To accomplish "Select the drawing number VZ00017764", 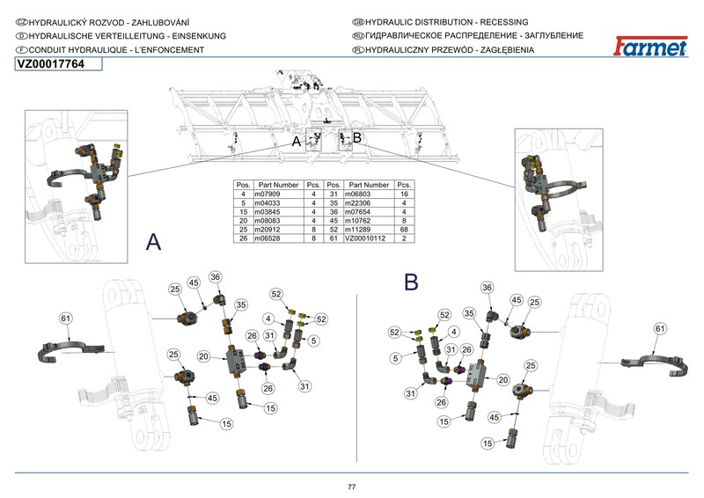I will (50, 65).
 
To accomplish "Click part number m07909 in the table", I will (268, 193).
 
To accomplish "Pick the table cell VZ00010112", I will (365, 238).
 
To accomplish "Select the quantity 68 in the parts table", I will (405, 230).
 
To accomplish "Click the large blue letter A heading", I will (154, 243).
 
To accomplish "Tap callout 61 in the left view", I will (64, 318).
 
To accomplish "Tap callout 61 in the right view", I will (660, 328).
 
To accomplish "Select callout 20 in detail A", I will (203, 357).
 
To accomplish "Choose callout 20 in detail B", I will (504, 379).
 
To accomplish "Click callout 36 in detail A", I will (216, 277).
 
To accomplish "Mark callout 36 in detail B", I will (487, 288).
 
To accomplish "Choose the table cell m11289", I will (362, 230).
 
